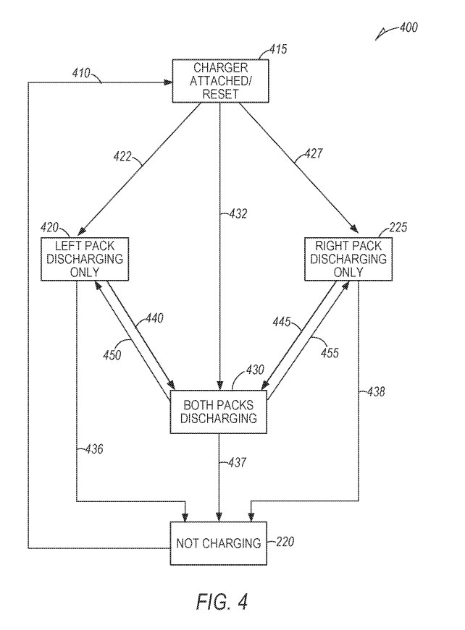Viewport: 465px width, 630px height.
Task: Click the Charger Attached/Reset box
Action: [220, 81]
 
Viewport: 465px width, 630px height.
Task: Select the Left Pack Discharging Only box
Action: [85, 259]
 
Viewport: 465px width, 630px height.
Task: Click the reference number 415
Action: [278, 50]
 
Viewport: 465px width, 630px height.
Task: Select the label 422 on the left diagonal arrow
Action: [123, 155]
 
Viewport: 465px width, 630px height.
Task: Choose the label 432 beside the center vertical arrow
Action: [238, 214]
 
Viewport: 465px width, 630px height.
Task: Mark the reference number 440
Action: [154, 318]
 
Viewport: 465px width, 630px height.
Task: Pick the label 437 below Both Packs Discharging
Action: [237, 461]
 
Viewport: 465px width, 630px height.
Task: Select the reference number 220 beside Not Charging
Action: [284, 541]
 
